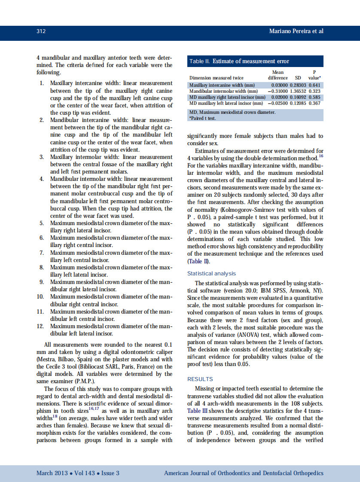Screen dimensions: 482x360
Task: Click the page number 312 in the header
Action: tap(41, 31)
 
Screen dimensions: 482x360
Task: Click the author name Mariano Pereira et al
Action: tap(296, 31)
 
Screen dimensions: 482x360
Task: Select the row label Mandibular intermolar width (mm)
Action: tap(223, 92)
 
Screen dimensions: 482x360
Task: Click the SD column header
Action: tap(298, 78)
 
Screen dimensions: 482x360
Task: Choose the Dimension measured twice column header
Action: tap(217, 78)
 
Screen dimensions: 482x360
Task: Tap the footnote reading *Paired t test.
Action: tap(203, 118)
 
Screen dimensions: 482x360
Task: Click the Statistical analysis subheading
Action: tap(211, 274)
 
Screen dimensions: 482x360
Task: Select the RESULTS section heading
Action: tap(200, 379)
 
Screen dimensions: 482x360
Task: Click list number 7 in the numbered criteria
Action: tap(42, 253)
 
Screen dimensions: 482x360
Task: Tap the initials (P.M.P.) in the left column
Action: tap(84, 381)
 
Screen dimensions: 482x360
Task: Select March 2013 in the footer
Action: tap(52, 473)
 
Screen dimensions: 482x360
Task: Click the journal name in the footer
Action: tap(244, 473)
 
